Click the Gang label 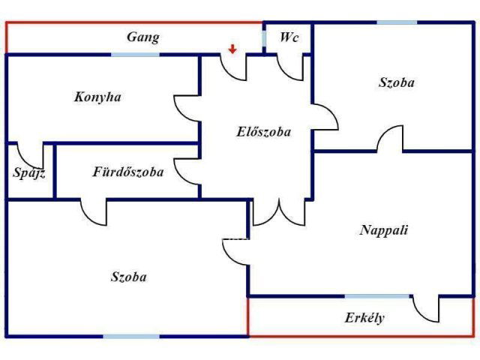pos(142,37)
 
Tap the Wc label pos(289,37)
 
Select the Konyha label pos(97,97)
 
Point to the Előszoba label pos(263,131)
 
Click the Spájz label pos(29,173)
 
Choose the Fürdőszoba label pos(127,172)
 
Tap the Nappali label pos(384,230)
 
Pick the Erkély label pos(364,317)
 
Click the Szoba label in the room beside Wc pos(396,82)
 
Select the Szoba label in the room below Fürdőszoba pos(128,277)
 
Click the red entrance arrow pos(232,49)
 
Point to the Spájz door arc pos(30,155)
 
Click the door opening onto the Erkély pos(426,308)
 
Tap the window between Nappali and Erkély pos(377,296)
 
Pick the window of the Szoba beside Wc pos(397,22)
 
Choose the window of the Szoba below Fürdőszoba pos(131,335)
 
